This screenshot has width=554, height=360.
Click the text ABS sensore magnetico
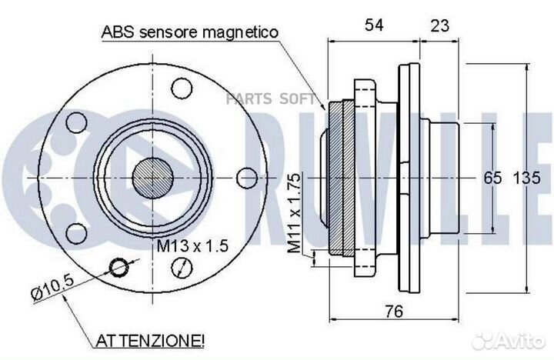(188, 33)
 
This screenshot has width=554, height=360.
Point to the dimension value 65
(492, 178)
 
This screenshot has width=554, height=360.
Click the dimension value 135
(526, 178)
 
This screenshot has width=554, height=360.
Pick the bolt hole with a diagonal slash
(182, 267)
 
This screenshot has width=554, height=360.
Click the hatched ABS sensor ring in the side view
(341, 177)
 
